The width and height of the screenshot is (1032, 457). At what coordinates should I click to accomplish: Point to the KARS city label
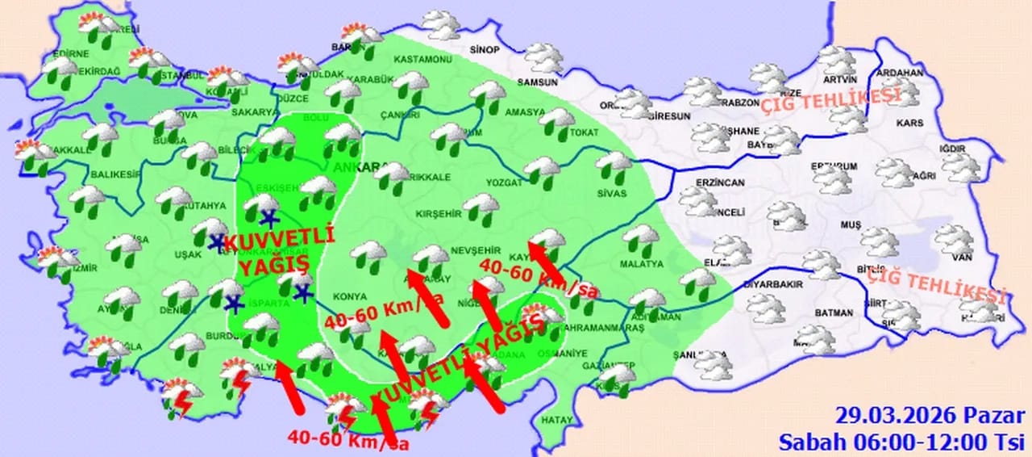(910, 124)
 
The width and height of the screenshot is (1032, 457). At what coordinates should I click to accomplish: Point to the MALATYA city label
(641, 264)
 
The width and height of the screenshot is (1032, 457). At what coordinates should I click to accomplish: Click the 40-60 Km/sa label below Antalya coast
(349, 440)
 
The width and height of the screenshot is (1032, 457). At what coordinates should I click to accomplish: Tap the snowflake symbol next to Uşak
(217, 241)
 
